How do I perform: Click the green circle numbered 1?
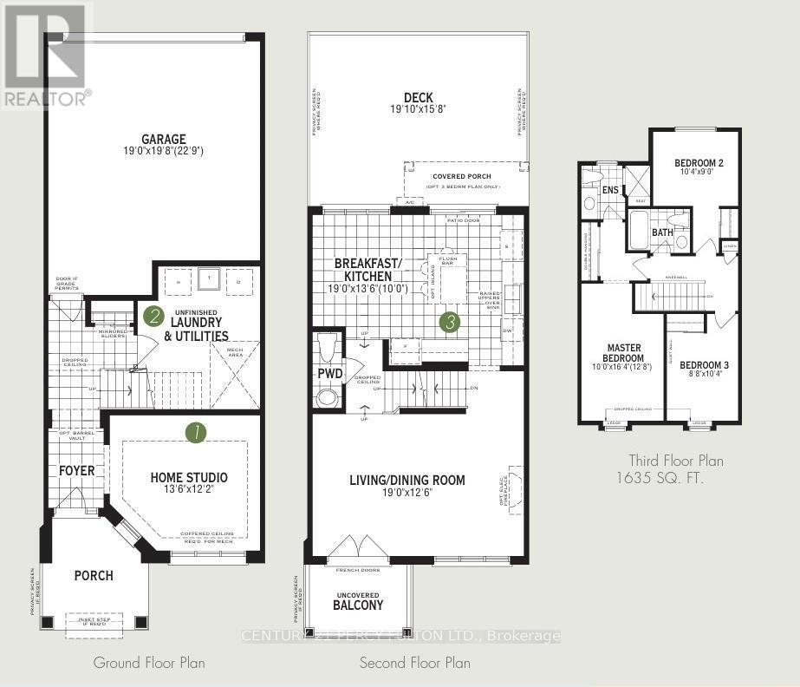tap(197, 432)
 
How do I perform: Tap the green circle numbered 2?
tap(153, 317)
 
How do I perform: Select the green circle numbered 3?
tap(450, 323)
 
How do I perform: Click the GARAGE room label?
tap(165, 139)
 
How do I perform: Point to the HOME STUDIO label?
tap(189, 478)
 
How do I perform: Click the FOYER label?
tap(76, 471)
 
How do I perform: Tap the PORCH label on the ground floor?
tap(93, 575)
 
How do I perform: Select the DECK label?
tap(418, 98)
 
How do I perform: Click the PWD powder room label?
tap(329, 375)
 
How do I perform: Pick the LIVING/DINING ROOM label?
tap(407, 480)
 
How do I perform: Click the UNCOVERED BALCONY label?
tap(358, 599)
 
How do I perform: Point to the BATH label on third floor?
tap(662, 232)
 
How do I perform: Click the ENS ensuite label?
tap(610, 190)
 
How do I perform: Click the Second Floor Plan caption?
tap(415, 663)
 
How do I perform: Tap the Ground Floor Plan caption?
tap(149, 663)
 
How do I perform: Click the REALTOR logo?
tap(45, 56)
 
